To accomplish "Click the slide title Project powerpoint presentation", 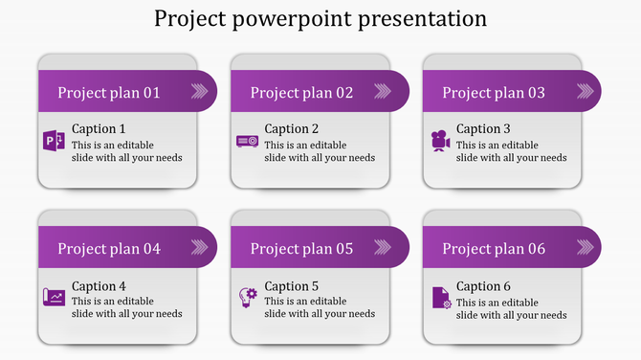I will click(x=320, y=19).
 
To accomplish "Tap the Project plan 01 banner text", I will click(x=109, y=93).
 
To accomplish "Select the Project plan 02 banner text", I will click(x=301, y=93).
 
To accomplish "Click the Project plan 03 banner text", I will click(x=494, y=93).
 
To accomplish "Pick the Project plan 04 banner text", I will click(x=109, y=249).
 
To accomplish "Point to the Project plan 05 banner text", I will click(x=301, y=249).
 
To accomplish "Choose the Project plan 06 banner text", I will click(x=494, y=249).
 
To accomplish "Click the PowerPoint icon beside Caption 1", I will click(x=55, y=142).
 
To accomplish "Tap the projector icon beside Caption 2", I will click(x=247, y=142).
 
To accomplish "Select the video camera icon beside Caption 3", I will click(x=440, y=141).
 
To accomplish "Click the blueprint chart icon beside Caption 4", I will click(x=55, y=298).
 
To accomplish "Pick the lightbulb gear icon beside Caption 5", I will click(x=248, y=298).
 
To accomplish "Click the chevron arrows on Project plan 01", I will click(x=199, y=92).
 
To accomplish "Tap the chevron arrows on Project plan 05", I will click(x=391, y=248).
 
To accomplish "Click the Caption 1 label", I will click(x=99, y=129).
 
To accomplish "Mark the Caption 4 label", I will click(x=99, y=286).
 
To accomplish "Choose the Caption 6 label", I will click(x=483, y=286).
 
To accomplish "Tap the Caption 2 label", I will click(x=292, y=129).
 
